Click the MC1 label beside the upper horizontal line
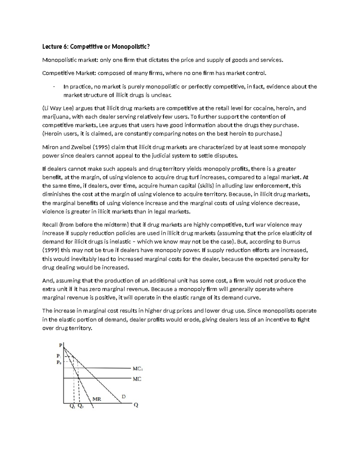click(137, 369)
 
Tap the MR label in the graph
click(97, 399)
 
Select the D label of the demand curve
click(123, 396)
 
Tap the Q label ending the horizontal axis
click(136, 405)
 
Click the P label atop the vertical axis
click(61, 345)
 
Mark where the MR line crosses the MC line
click(79, 379)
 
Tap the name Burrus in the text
click(291, 242)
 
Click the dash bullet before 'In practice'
click(53, 87)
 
